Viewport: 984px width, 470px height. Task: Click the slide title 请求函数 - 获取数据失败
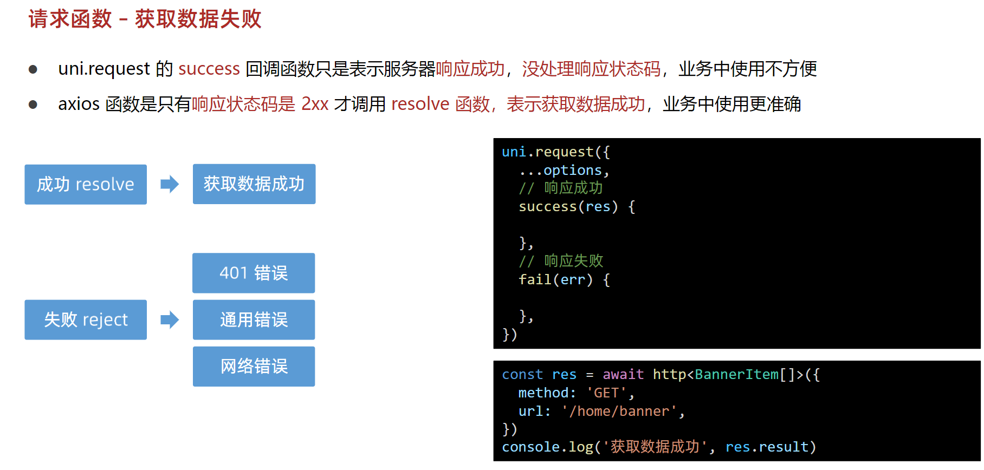point(145,19)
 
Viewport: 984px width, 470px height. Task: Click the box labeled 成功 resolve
point(86,185)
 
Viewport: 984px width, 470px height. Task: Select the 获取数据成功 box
point(254,184)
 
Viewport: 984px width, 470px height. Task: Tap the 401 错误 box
point(254,273)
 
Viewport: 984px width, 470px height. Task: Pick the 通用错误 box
point(254,320)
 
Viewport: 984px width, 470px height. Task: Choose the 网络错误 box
point(254,367)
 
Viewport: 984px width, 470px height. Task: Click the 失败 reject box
point(86,320)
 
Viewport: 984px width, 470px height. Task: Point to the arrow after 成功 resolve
point(170,184)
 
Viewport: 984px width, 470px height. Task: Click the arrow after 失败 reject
point(170,320)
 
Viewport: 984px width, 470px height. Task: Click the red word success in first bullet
point(209,69)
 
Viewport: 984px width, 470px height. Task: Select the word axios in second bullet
point(79,104)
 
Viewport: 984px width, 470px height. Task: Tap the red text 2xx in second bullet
point(314,104)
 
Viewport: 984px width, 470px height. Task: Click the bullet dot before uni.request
point(33,69)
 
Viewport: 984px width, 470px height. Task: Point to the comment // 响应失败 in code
point(561,261)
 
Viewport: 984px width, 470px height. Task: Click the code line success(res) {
point(577,207)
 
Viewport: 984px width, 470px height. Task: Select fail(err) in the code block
point(555,280)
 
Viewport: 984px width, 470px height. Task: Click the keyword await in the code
point(623,375)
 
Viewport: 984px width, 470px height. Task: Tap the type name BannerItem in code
point(736,375)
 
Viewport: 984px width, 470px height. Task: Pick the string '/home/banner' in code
point(619,412)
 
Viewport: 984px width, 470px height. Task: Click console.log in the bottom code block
point(547,447)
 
